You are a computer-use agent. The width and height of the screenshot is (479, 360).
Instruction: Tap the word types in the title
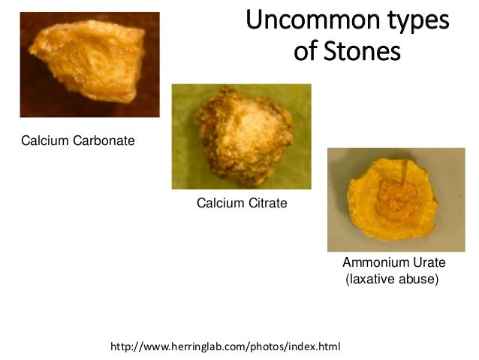(x=412, y=22)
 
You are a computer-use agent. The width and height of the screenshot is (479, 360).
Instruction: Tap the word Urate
(x=429, y=263)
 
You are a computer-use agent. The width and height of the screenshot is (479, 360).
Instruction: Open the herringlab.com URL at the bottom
(x=225, y=347)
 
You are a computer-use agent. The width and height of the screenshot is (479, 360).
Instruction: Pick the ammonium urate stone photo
(x=396, y=199)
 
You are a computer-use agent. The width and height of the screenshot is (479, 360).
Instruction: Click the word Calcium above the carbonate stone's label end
(x=41, y=140)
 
